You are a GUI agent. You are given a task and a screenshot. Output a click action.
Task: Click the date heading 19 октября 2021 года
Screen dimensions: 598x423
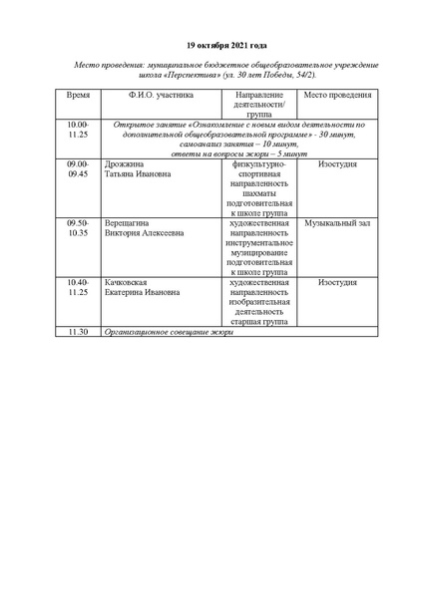pos(211,45)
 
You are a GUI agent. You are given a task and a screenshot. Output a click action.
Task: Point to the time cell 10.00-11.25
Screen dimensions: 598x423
pos(78,128)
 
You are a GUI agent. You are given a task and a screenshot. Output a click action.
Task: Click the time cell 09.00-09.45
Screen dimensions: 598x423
pos(78,167)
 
